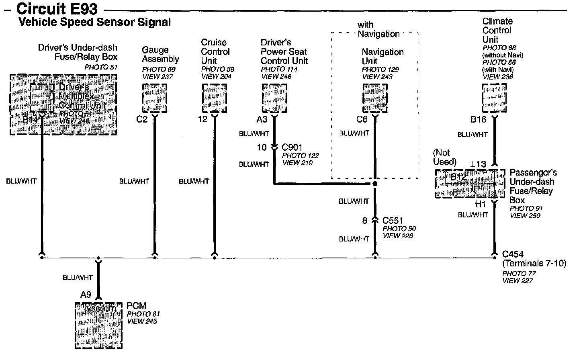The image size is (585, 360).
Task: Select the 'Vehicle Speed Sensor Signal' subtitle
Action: tap(95, 22)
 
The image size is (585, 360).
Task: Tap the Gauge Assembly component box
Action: tap(154, 98)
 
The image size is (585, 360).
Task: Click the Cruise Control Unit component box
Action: tap(214, 98)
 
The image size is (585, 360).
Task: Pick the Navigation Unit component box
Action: tap(375, 98)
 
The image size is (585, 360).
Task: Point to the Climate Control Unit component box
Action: tap(494, 98)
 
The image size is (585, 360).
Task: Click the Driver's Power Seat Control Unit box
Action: tap(274, 98)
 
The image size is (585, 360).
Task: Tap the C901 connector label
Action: tap(292, 147)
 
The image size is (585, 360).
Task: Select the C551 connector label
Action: tap(393, 221)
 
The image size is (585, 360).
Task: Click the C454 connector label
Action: tap(513, 254)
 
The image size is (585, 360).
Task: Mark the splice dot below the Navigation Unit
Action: tap(375, 184)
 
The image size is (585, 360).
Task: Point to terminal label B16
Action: tap(478, 119)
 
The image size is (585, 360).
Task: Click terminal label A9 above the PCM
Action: tap(86, 295)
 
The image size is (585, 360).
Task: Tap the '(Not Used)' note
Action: tap(444, 157)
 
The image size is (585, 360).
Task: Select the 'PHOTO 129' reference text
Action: tap(380, 69)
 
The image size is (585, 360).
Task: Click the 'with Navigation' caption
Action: tap(378, 30)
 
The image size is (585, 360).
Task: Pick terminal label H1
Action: tap(481, 204)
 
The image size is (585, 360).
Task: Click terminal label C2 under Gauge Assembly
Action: tap(142, 119)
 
